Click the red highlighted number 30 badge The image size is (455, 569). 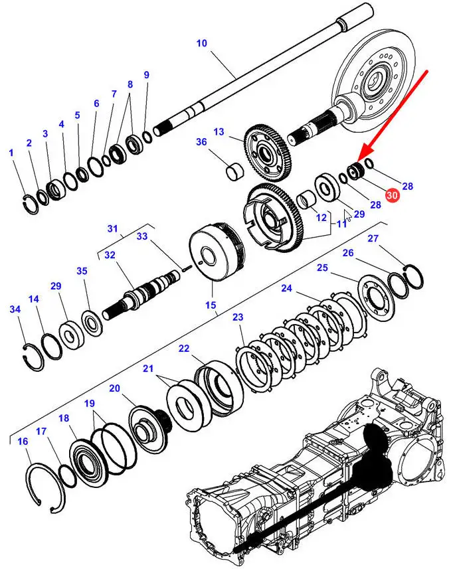pos(392,195)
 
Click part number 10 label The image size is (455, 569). pos(201,43)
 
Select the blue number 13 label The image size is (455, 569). pos(219,131)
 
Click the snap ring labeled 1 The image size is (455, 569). pos(30,203)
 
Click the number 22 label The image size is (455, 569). pos(184,349)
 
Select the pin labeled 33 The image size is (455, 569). pos(186,269)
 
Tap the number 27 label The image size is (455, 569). pos(373,238)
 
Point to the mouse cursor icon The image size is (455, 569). pos(348,216)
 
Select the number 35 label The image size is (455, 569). pos(82,271)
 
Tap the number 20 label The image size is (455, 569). pos(114,388)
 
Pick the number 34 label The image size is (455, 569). pos(15,309)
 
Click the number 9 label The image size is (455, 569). pos(146,75)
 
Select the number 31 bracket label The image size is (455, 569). pos(112,228)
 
